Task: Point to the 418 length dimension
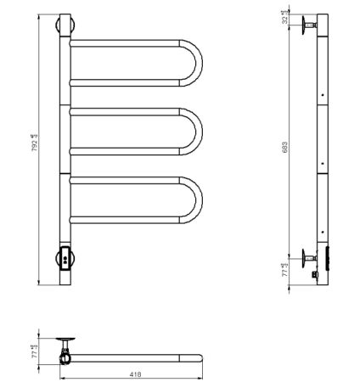coord(134,374)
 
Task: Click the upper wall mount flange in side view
coord(302,24)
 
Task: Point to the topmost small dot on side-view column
coord(323,95)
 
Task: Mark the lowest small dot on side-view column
coord(323,231)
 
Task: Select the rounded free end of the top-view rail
coord(199,358)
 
